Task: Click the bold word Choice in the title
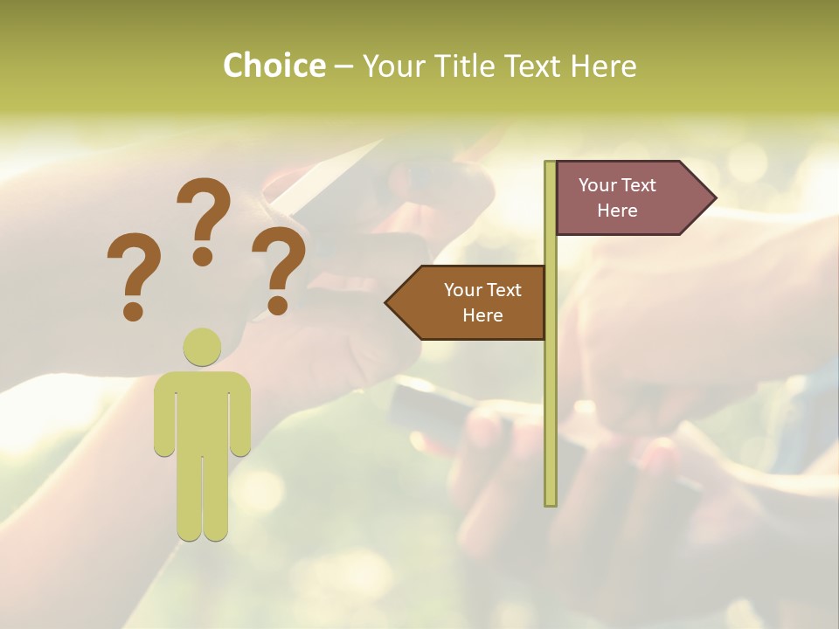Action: [274, 66]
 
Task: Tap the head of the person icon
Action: [202, 347]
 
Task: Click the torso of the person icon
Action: [202, 411]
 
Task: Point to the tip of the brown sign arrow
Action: [387, 303]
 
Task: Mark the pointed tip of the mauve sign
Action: [714, 198]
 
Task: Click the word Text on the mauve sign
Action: [639, 185]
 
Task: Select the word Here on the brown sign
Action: [482, 315]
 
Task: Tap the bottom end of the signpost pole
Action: [551, 501]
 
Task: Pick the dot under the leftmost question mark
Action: [133, 311]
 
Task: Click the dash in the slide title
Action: [343, 67]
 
